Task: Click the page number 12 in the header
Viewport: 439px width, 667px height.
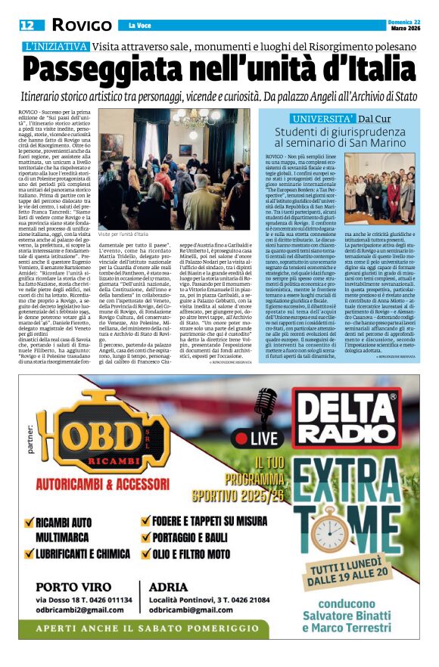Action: [x=27, y=25]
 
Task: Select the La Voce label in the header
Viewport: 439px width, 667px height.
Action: [x=140, y=26]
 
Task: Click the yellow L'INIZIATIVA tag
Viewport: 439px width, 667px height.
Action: [x=57, y=47]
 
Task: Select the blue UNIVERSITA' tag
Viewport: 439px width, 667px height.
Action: [x=323, y=119]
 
